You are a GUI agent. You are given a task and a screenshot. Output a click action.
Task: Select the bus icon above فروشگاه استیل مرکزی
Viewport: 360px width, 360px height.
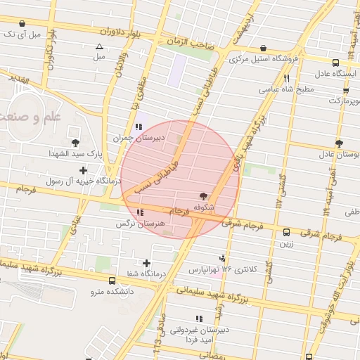pos(263,49)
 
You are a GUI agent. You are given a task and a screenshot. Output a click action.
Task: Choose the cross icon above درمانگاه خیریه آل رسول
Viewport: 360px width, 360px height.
pos(84,169)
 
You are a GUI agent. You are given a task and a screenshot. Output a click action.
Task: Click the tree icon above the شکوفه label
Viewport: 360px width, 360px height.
pos(204,195)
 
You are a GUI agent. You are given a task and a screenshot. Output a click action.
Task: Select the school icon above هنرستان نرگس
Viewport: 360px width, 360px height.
pos(141,212)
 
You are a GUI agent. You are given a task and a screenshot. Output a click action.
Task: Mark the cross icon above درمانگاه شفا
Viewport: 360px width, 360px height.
pos(146,262)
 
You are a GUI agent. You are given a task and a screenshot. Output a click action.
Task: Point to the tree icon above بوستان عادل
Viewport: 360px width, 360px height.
pos(339,143)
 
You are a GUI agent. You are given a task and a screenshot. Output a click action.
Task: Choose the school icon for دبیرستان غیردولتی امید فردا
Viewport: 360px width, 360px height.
pos(199,319)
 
